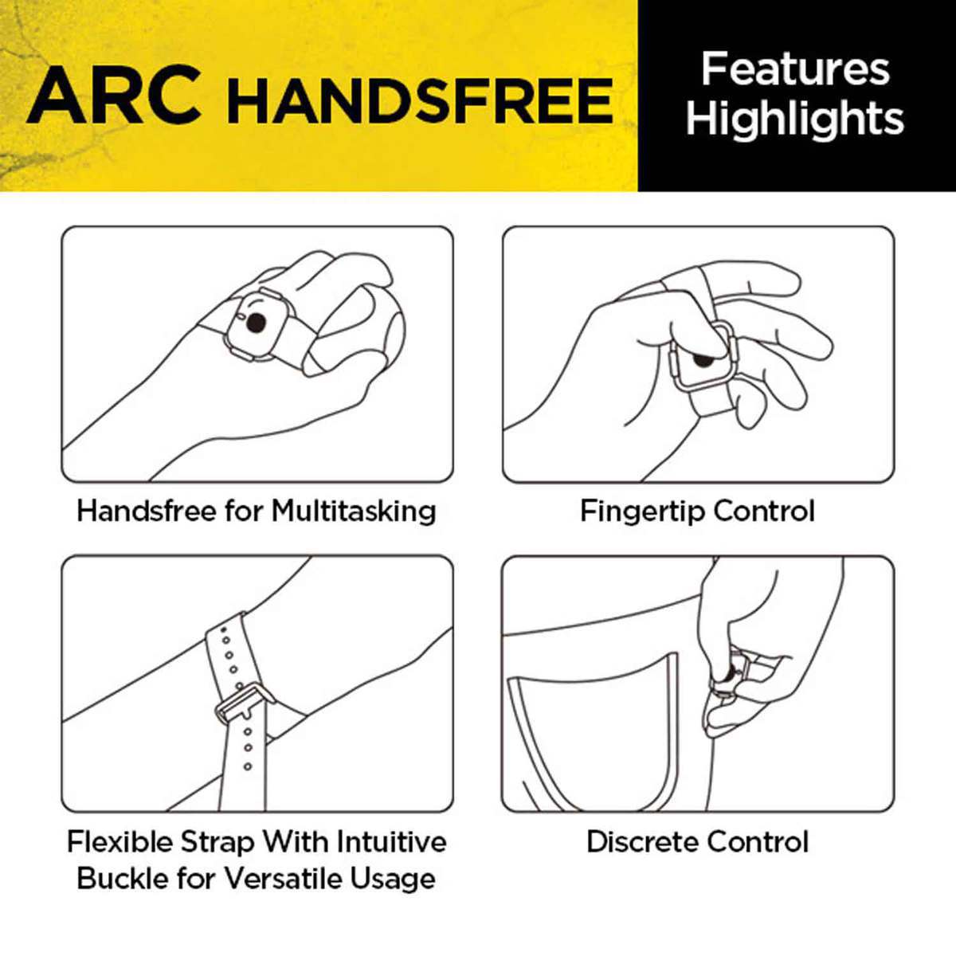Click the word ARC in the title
point(114,96)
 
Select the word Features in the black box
point(795,70)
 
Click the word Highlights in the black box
point(795,119)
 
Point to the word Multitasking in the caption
point(354,511)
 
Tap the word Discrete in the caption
point(643,842)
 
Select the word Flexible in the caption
point(120,842)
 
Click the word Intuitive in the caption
point(392,842)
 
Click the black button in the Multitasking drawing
point(256,323)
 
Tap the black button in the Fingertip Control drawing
point(702,361)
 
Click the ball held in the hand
point(357,329)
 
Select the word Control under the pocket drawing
point(758,842)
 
